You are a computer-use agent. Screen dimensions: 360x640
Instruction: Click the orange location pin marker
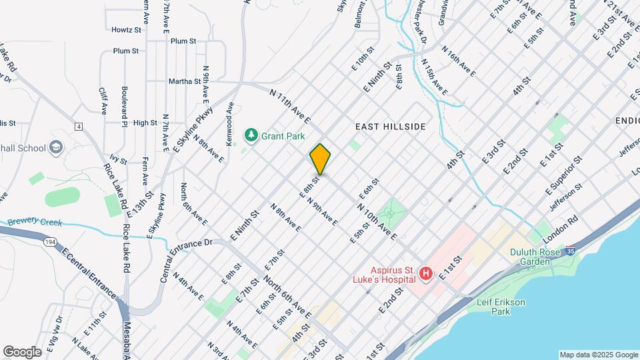320,160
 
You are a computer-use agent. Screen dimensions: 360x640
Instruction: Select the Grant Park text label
283,136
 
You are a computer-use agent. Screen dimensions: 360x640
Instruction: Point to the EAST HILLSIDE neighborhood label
390,126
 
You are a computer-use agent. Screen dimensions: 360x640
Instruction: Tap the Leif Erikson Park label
501,307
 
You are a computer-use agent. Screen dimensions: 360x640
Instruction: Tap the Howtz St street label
126,30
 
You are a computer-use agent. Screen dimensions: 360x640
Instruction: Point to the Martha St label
185,81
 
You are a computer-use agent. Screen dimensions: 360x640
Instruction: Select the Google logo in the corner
22,351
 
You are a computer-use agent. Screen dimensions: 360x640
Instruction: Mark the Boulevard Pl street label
125,105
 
